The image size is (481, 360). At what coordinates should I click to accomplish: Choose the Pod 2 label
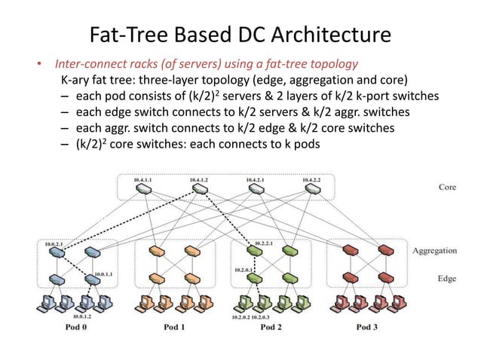tap(270, 328)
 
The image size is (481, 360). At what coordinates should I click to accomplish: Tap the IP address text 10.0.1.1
tap(103, 273)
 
